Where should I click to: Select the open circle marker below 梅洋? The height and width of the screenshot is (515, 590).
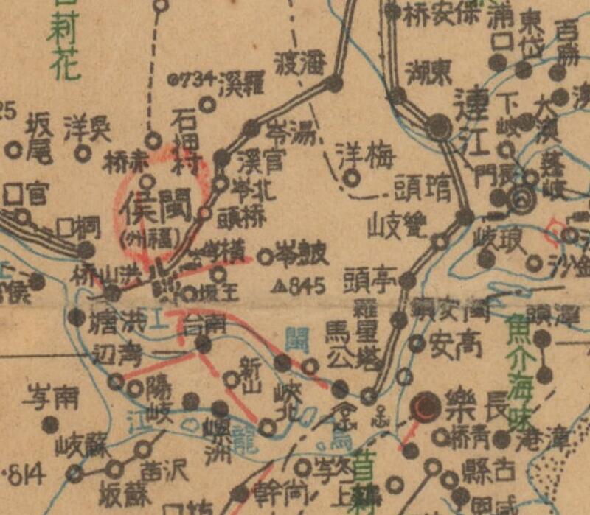click(x=355, y=178)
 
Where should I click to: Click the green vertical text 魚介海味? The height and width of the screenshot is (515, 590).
click(x=519, y=375)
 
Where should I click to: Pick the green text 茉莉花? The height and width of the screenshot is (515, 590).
click(x=63, y=44)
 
